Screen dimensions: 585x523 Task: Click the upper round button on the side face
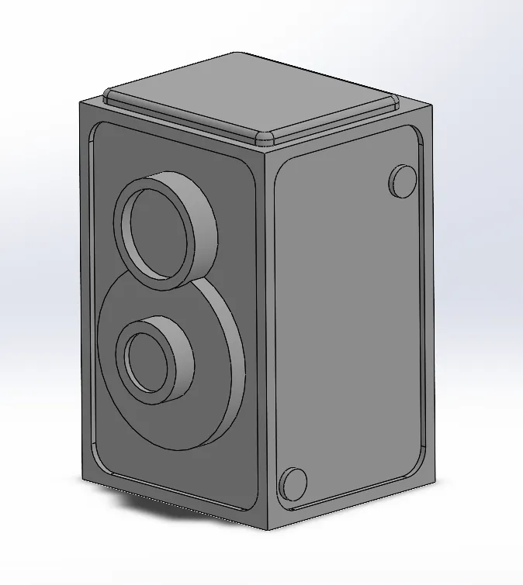[x=402, y=181]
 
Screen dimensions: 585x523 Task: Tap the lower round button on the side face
[x=293, y=483]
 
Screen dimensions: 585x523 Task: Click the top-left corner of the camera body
[x=79, y=104]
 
